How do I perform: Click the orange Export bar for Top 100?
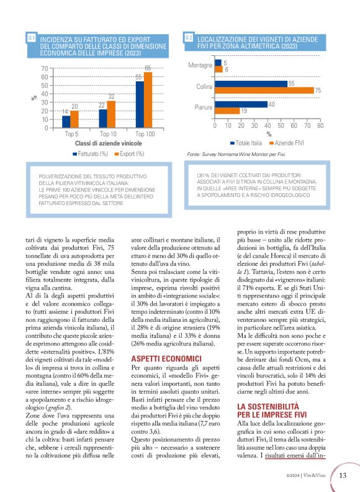tap(148, 100)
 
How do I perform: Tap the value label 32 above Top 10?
tap(111, 97)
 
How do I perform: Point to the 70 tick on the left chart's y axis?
tap(44, 68)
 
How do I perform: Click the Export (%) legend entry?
tap(132, 153)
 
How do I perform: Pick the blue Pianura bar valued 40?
tap(241, 104)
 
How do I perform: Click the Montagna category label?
tap(200, 65)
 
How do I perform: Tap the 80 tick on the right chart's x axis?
tap(320, 124)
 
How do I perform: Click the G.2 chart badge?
tap(189, 39)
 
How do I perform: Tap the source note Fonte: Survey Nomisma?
tap(232, 153)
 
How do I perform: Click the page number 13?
tap(343, 475)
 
